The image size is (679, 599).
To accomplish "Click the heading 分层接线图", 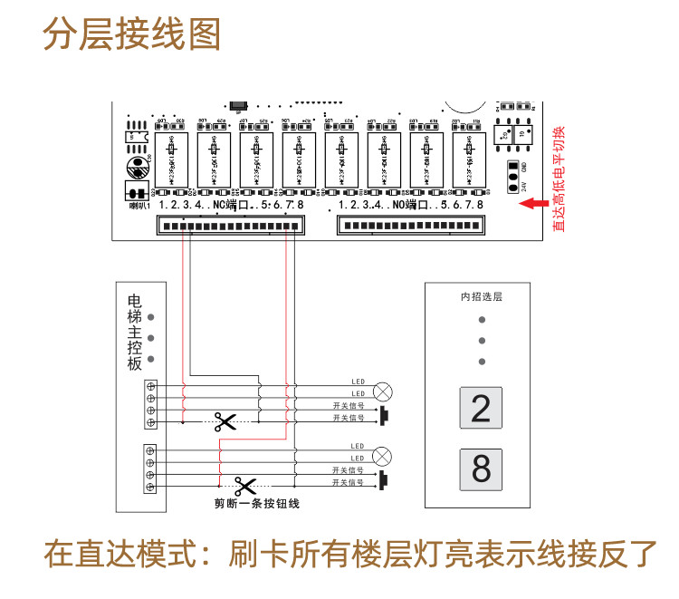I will (x=132, y=37).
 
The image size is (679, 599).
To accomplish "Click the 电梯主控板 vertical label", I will (x=134, y=332).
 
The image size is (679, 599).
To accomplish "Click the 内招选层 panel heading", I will (x=481, y=296).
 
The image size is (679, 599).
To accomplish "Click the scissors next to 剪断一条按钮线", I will (x=244, y=485).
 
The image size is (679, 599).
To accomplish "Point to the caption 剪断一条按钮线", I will (x=256, y=503).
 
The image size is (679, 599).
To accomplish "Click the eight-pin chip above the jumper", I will (x=514, y=132).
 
